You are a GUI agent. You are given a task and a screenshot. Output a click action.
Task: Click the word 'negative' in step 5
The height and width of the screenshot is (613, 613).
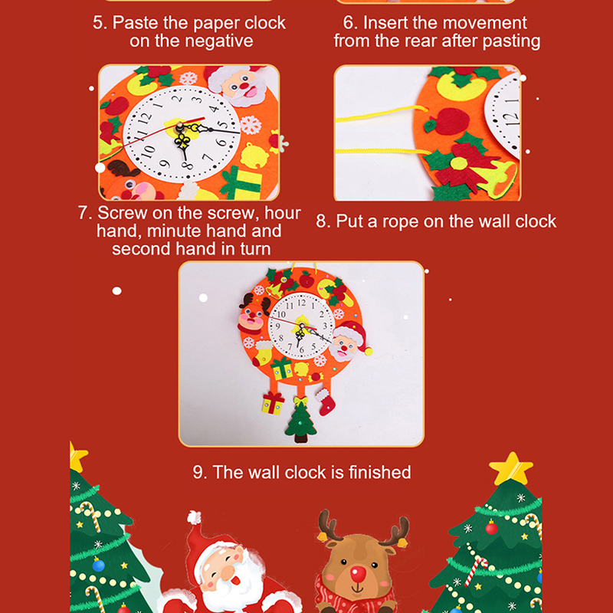(222, 41)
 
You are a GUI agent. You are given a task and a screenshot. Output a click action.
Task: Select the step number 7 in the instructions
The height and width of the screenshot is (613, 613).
(85, 213)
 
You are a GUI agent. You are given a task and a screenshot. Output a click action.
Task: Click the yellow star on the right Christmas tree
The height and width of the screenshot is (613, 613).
(511, 468)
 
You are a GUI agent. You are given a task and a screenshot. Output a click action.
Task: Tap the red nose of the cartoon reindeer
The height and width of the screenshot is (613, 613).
(358, 574)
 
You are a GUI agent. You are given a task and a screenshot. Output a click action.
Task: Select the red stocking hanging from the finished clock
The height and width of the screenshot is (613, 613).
(326, 403)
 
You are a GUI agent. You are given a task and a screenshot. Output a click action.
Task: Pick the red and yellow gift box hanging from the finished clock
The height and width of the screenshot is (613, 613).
(273, 403)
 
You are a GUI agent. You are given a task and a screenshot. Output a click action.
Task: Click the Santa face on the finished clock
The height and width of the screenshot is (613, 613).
(349, 340)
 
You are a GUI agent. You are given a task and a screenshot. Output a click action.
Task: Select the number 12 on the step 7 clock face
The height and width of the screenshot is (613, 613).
(145, 120)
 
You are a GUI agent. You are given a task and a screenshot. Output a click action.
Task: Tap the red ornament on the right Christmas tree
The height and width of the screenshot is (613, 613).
(491, 528)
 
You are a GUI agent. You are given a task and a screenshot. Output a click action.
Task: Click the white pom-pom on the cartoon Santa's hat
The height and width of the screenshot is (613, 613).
(194, 516)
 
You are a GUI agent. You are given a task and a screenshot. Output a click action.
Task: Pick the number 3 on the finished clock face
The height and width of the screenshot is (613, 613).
(324, 326)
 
